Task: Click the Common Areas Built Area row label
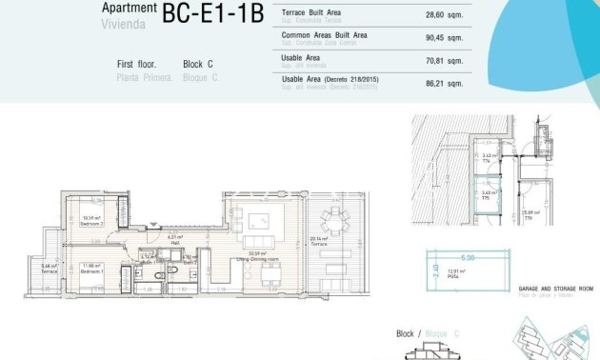tap(326, 35)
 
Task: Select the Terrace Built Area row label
tap(311, 12)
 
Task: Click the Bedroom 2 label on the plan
tap(92, 222)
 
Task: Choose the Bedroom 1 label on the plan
tap(92, 269)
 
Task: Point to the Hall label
tap(174, 239)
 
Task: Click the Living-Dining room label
tap(258, 256)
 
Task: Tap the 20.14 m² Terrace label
tap(318, 242)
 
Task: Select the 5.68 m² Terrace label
tap(50, 269)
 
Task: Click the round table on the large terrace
tap(333, 221)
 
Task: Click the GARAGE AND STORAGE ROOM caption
tap(555, 288)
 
